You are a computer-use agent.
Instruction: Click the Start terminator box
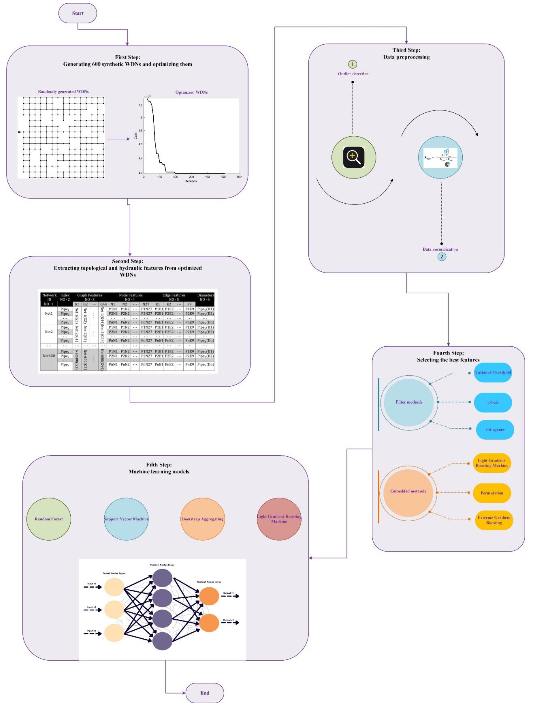tap(77, 13)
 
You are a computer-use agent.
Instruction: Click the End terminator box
tap(205, 693)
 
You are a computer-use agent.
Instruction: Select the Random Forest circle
tap(49, 519)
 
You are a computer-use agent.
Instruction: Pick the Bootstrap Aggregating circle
tap(203, 519)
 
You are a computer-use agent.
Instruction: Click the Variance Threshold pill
tap(493, 372)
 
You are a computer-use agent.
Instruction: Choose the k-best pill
tap(493, 402)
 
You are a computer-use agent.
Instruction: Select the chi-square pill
tap(495, 430)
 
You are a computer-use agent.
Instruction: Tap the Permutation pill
tap(492, 493)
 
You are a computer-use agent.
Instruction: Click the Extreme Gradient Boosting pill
tap(494, 520)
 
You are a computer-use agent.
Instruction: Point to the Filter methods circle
tap(409, 402)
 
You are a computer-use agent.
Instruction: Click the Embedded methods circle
tap(408, 491)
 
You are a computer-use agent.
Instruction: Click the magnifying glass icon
tap(353, 157)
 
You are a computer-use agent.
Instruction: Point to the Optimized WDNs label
tap(191, 92)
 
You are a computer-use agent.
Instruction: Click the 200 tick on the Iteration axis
tap(175, 177)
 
